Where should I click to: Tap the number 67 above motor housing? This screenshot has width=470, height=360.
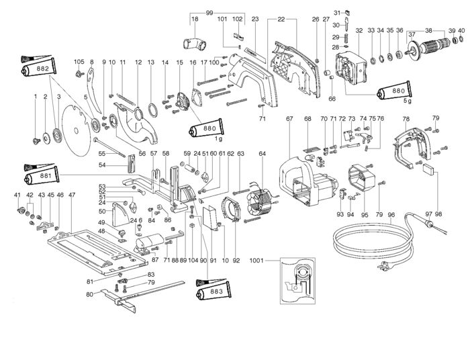(289, 119)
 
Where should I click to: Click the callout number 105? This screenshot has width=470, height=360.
(79, 62)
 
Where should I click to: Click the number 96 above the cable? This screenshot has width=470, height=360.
(391, 215)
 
